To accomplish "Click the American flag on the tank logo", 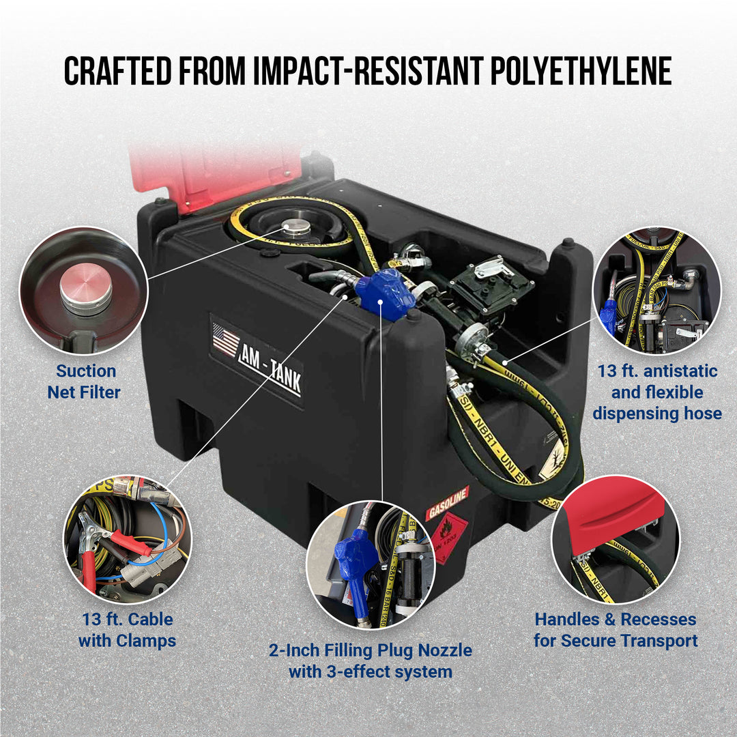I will [226, 341].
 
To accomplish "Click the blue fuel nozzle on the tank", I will [386, 293].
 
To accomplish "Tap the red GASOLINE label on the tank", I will [448, 502].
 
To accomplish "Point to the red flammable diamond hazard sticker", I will [448, 537].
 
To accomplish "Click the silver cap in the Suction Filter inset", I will [85, 288].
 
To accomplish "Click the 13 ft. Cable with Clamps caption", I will [126, 630].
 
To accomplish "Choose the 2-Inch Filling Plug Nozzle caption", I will [370, 660].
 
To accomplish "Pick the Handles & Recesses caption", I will [616, 630].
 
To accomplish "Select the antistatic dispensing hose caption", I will [657, 392].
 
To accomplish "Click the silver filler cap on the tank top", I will [296, 228].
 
